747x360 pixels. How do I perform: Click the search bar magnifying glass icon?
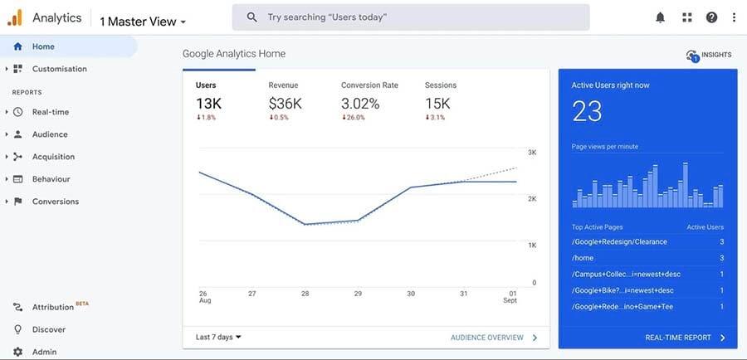[252, 17]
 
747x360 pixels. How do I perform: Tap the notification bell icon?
[661, 17]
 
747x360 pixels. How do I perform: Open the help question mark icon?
[711, 17]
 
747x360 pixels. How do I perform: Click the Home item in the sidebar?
[43, 46]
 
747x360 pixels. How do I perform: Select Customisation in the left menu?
[59, 69]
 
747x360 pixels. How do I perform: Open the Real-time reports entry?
[51, 112]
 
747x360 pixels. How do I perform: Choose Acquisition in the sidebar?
[53, 157]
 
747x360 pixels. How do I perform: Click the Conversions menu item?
[56, 202]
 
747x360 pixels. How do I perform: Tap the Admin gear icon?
[18, 352]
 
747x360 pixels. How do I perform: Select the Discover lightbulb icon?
[18, 329]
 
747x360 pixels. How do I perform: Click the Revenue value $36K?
[285, 104]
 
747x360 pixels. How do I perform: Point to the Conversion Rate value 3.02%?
[360, 104]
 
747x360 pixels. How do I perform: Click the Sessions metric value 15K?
[437, 104]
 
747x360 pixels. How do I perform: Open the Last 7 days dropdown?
[218, 338]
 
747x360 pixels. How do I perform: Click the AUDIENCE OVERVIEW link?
[487, 338]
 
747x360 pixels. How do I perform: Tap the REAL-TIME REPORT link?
[678, 338]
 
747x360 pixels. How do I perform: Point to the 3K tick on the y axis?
[532, 153]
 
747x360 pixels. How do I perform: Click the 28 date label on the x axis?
[305, 294]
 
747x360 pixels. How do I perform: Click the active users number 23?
[587, 111]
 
